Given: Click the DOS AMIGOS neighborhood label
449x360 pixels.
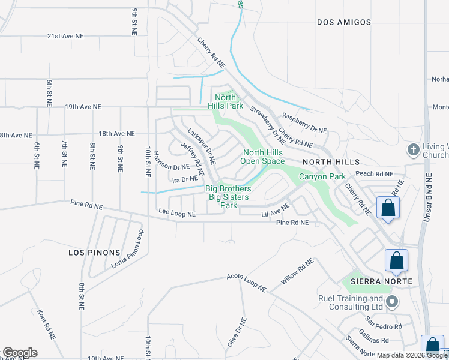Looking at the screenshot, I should click(x=344, y=22).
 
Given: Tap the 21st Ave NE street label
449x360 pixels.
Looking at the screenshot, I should click(x=66, y=36).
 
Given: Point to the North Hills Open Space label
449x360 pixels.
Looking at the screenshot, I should click(x=263, y=157).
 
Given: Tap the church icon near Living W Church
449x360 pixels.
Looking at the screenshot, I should click(x=412, y=149).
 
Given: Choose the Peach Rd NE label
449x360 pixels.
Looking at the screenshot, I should click(x=374, y=174).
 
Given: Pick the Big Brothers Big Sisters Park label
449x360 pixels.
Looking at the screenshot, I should click(x=229, y=197).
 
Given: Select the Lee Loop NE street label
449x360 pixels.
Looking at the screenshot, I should click(x=176, y=214).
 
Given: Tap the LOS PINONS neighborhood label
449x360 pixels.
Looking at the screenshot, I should click(x=94, y=253).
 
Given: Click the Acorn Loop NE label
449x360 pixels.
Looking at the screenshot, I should click(x=246, y=283).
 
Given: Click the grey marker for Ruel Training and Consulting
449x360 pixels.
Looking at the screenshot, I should click(x=392, y=301).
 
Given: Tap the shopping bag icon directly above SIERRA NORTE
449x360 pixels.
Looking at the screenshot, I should click(x=396, y=261).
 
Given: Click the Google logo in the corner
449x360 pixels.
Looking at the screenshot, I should click(x=20, y=353).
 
